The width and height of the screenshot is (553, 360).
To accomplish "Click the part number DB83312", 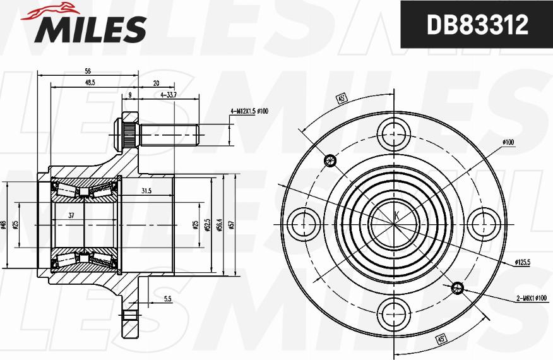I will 477,26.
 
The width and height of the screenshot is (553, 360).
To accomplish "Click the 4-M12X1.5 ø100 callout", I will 249,111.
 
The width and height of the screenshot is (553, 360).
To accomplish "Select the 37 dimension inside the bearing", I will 71,216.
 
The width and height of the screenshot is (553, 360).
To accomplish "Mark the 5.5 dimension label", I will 167,299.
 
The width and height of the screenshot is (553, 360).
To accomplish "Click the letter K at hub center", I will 396,216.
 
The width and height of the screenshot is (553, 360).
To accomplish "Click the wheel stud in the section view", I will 167,134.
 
